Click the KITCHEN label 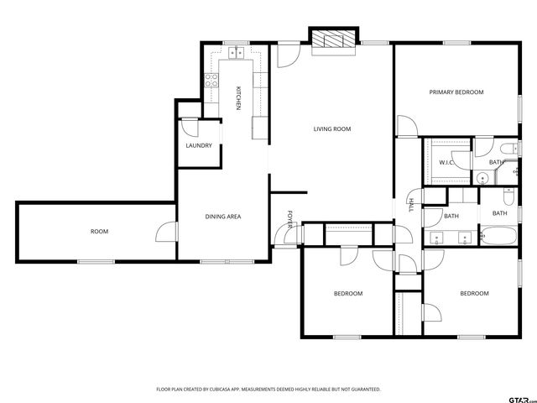(238, 99)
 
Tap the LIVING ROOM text (331, 129)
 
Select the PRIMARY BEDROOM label (456, 92)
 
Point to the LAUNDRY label (199, 146)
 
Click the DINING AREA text (223, 217)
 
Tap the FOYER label (290, 220)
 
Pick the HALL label (411, 204)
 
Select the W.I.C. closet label (446, 162)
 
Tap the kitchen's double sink (237, 52)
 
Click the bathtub (500, 237)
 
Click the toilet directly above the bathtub (508, 196)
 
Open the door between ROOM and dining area (168, 233)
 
